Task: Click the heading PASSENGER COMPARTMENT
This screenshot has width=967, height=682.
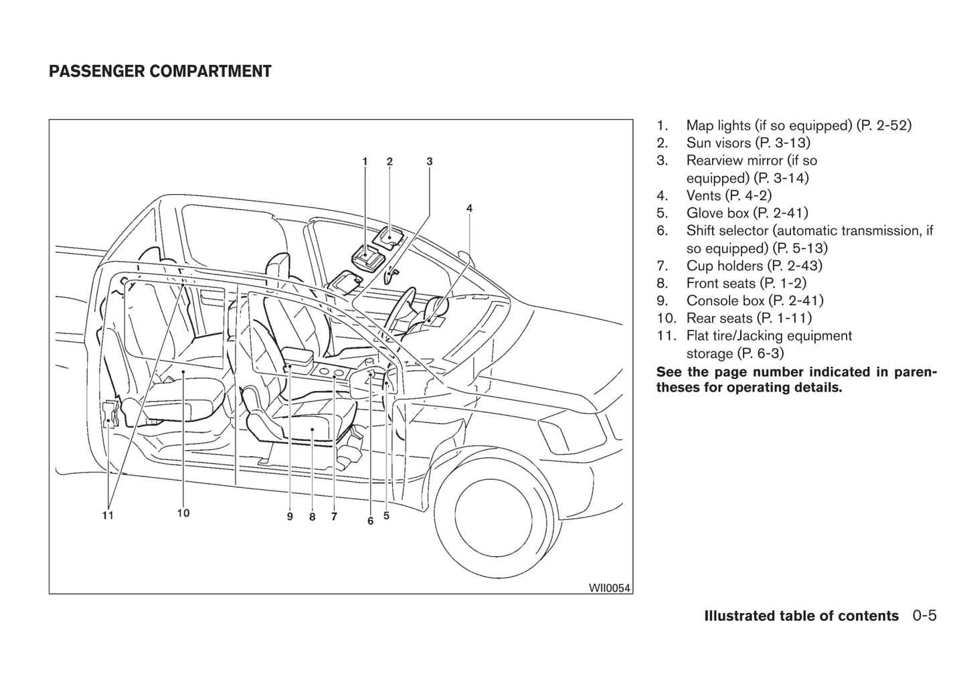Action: click(160, 72)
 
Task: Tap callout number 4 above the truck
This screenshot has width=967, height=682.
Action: click(469, 208)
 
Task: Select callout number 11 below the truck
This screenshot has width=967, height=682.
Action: click(108, 515)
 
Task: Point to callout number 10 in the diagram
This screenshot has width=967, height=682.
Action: click(183, 513)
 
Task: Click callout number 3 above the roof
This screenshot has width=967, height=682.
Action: click(430, 161)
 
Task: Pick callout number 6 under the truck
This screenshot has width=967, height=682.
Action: click(370, 521)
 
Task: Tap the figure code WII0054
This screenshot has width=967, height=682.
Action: click(610, 588)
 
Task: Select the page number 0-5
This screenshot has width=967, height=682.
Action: click(924, 616)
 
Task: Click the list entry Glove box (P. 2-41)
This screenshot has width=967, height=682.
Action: click(747, 213)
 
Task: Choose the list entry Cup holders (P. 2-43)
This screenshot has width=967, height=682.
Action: click(754, 266)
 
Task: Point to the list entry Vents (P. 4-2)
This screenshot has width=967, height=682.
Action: click(729, 195)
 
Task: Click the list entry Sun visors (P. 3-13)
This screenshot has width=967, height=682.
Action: click(748, 143)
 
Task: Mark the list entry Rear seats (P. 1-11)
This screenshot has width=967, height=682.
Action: click(749, 318)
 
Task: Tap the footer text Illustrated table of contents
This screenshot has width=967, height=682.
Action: click(801, 616)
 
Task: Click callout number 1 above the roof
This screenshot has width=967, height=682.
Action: click(365, 161)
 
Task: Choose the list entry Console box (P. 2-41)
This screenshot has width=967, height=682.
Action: click(755, 301)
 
